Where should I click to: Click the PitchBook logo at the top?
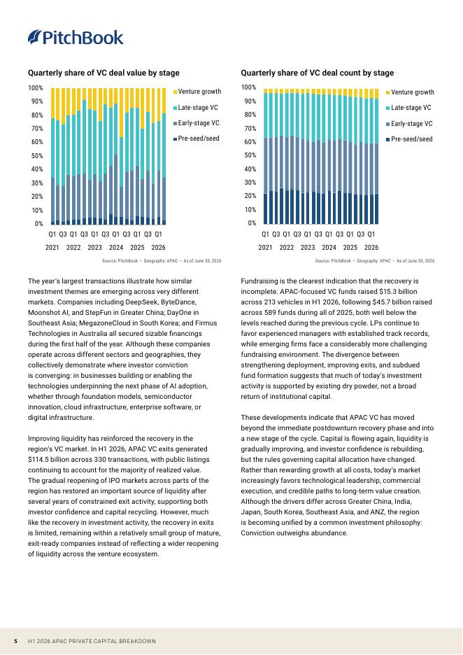[x=76, y=38]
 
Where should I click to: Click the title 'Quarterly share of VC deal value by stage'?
[x=104, y=73]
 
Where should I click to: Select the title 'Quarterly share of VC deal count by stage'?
[x=318, y=73]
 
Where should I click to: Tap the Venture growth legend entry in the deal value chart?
[x=197, y=92]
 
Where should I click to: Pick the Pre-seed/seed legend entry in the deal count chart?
[x=410, y=139]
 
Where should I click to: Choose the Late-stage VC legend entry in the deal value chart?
[x=195, y=107]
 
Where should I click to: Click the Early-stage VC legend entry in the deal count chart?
[x=410, y=124]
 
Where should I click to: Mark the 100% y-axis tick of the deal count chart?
[x=249, y=87]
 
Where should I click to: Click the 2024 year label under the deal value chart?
[x=116, y=247]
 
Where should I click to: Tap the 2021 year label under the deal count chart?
[x=265, y=247]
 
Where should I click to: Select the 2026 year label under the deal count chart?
[x=371, y=247]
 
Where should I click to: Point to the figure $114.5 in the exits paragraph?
[x=39, y=460]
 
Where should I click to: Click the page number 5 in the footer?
[x=15, y=641]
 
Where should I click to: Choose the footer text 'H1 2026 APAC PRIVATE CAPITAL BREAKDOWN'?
[x=92, y=641]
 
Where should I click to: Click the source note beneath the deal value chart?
[x=162, y=260]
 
